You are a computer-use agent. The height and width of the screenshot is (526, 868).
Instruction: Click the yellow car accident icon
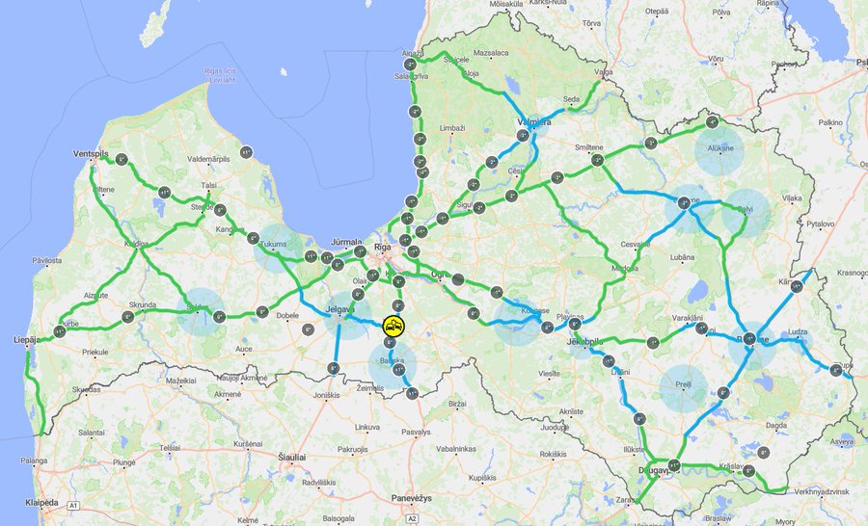point(393,327)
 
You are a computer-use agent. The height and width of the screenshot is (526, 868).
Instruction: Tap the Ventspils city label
point(93,154)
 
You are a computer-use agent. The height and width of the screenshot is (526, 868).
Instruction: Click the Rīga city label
point(383,248)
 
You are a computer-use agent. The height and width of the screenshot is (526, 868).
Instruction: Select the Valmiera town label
point(533,122)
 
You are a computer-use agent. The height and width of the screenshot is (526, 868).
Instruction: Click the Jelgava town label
point(341,308)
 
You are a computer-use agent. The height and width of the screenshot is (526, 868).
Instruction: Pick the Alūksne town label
point(719,149)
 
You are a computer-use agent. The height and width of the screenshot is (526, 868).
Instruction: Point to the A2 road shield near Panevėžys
point(412,518)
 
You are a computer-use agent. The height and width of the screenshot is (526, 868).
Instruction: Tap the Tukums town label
point(275,245)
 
